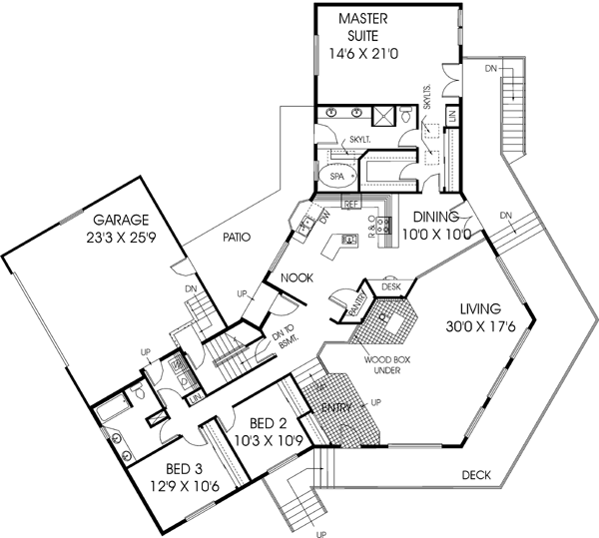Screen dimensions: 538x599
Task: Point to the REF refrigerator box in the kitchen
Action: click(x=350, y=204)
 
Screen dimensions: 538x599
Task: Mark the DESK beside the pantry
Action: click(x=389, y=286)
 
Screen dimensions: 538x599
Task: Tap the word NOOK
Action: click(x=298, y=277)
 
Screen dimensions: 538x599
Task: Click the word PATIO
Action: click(x=231, y=238)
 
